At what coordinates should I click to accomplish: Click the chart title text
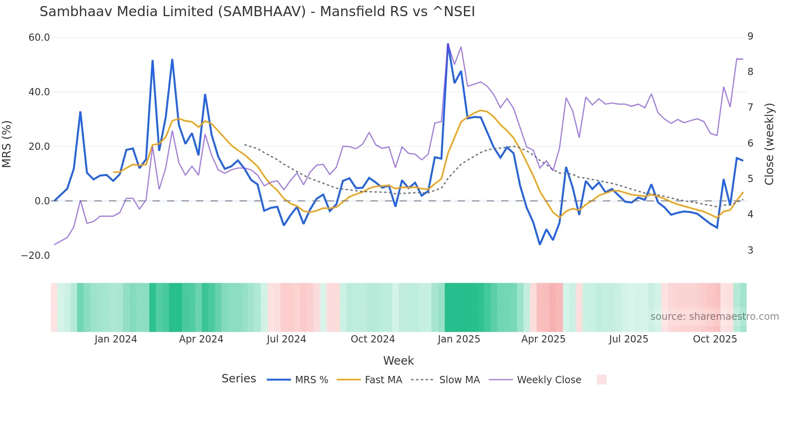(257, 12)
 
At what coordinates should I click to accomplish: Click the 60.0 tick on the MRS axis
(39, 38)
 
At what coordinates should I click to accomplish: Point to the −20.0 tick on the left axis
(36, 256)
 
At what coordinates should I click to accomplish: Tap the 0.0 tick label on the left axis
(42, 201)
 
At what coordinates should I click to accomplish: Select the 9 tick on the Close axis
(750, 36)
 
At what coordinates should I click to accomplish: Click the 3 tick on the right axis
(750, 250)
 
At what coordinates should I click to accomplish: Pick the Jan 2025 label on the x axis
(459, 339)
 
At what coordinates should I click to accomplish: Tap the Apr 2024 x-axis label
(201, 339)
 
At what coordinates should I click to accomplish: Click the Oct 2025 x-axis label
(715, 339)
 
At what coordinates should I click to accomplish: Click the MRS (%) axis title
(7, 144)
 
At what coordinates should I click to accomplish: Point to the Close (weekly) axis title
(769, 144)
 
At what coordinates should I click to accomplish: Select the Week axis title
(398, 361)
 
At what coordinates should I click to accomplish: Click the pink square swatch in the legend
(601, 380)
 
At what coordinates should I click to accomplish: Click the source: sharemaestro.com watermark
(714, 317)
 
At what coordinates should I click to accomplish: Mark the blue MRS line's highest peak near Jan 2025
(448, 44)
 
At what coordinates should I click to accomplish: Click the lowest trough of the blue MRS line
(540, 244)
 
